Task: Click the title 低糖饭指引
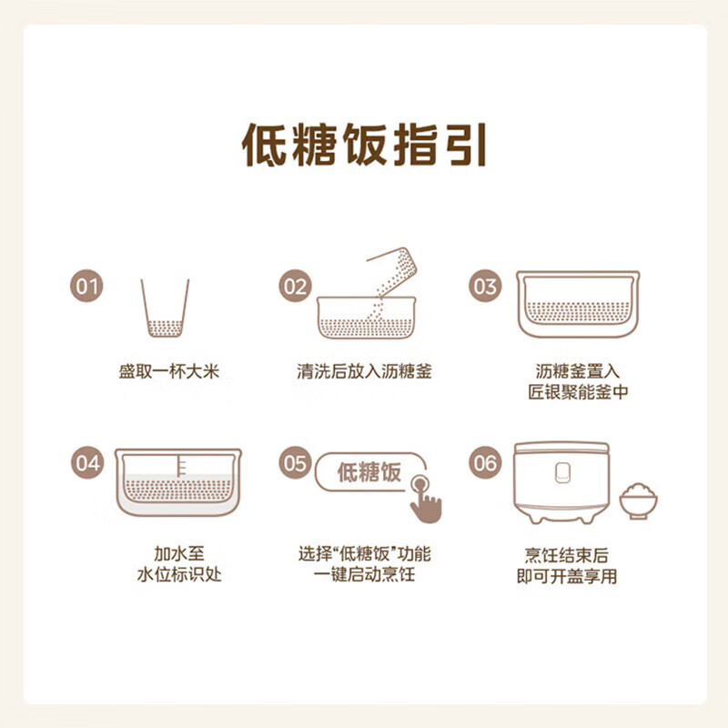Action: (364, 146)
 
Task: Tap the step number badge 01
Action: (88, 287)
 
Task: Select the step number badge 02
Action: (295, 287)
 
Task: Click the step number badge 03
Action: (486, 287)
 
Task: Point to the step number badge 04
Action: (88, 462)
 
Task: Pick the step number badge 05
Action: (295, 462)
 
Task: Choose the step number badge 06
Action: (486, 462)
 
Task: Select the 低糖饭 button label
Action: (369, 473)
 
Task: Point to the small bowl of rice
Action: (639, 501)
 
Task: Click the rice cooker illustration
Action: (561, 482)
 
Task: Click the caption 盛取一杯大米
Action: (169, 371)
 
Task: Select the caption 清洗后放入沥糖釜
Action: (363, 371)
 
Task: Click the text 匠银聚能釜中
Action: (579, 392)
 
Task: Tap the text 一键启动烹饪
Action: (363, 575)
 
